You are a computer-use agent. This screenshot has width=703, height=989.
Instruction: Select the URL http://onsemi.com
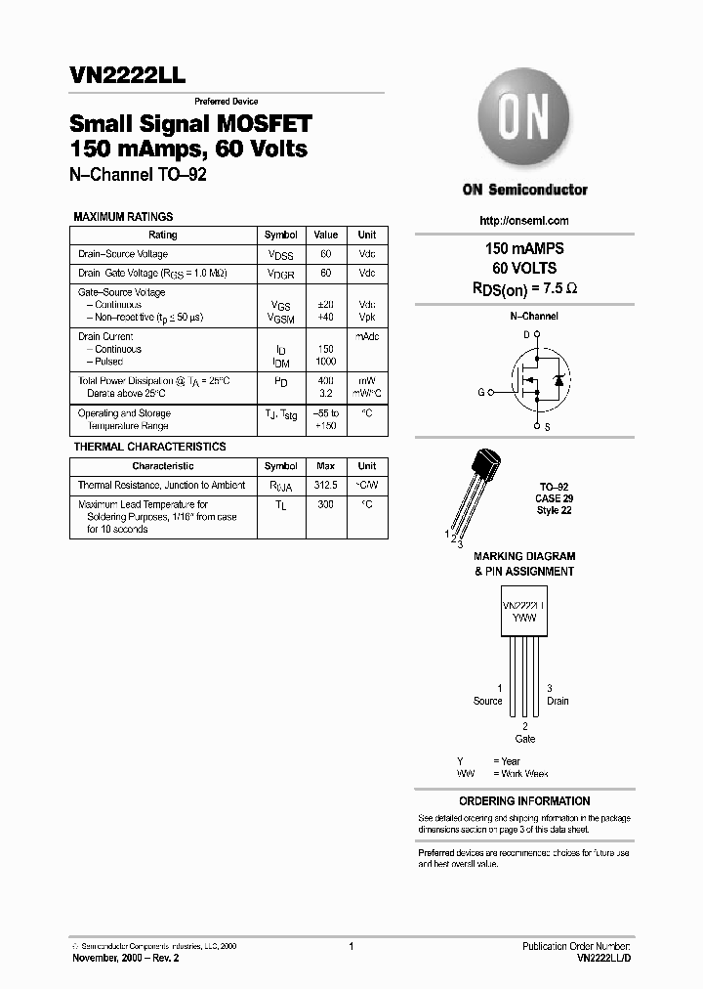point(524,221)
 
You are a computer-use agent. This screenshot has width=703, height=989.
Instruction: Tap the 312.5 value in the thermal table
point(325,485)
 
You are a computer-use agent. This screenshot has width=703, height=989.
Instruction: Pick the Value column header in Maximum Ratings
point(325,235)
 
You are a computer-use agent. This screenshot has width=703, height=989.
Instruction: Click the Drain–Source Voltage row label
point(123,254)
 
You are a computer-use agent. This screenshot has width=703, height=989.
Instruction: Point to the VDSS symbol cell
point(280,255)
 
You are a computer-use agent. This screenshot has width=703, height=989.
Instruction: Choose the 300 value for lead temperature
point(325,504)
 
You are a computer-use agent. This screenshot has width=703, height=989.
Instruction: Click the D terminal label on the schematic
point(525,334)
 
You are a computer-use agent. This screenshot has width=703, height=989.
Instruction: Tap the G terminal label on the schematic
point(480,392)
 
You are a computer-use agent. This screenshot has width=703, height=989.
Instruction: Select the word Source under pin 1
point(488,701)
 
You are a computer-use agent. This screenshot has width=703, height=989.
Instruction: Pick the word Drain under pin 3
point(558,701)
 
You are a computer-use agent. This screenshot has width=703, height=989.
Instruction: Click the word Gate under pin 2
point(525,739)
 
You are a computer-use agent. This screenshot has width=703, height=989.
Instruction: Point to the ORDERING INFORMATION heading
point(524,800)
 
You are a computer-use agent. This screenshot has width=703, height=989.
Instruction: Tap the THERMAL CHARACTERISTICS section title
point(149,447)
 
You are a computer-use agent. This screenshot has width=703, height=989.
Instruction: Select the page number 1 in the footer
point(351,946)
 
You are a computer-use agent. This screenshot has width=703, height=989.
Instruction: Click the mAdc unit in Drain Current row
point(367,336)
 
